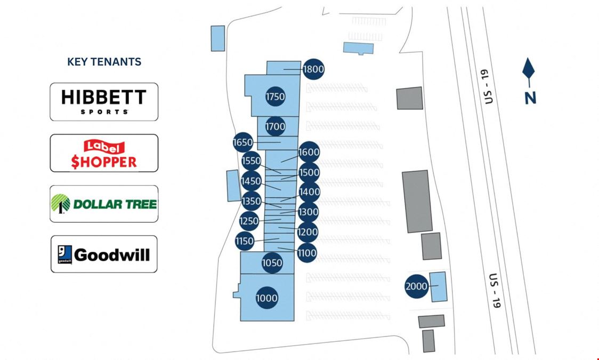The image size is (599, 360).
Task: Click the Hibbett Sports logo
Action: (x=104, y=101)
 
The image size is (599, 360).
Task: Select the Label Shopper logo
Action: (x=104, y=154)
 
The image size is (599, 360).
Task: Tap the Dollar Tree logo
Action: (x=104, y=204)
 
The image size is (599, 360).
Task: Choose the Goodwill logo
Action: (x=104, y=254)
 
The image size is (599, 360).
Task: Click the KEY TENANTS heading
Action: (x=104, y=62)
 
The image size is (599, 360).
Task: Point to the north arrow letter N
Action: (x=530, y=98)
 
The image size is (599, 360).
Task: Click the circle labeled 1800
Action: (x=313, y=69)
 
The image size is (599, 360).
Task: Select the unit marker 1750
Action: (x=275, y=97)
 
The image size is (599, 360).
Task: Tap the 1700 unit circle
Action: (x=275, y=126)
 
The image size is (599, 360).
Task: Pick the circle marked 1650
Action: (x=242, y=142)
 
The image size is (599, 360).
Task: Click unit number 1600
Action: (x=309, y=152)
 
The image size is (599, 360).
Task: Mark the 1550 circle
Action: (x=251, y=161)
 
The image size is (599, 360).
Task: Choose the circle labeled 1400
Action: (x=309, y=192)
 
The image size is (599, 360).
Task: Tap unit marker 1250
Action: (x=248, y=221)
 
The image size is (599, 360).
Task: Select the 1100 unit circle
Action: (x=306, y=253)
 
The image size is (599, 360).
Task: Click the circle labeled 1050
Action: (x=272, y=263)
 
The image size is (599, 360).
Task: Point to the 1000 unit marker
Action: (x=266, y=298)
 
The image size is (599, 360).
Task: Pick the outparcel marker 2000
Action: (x=416, y=286)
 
